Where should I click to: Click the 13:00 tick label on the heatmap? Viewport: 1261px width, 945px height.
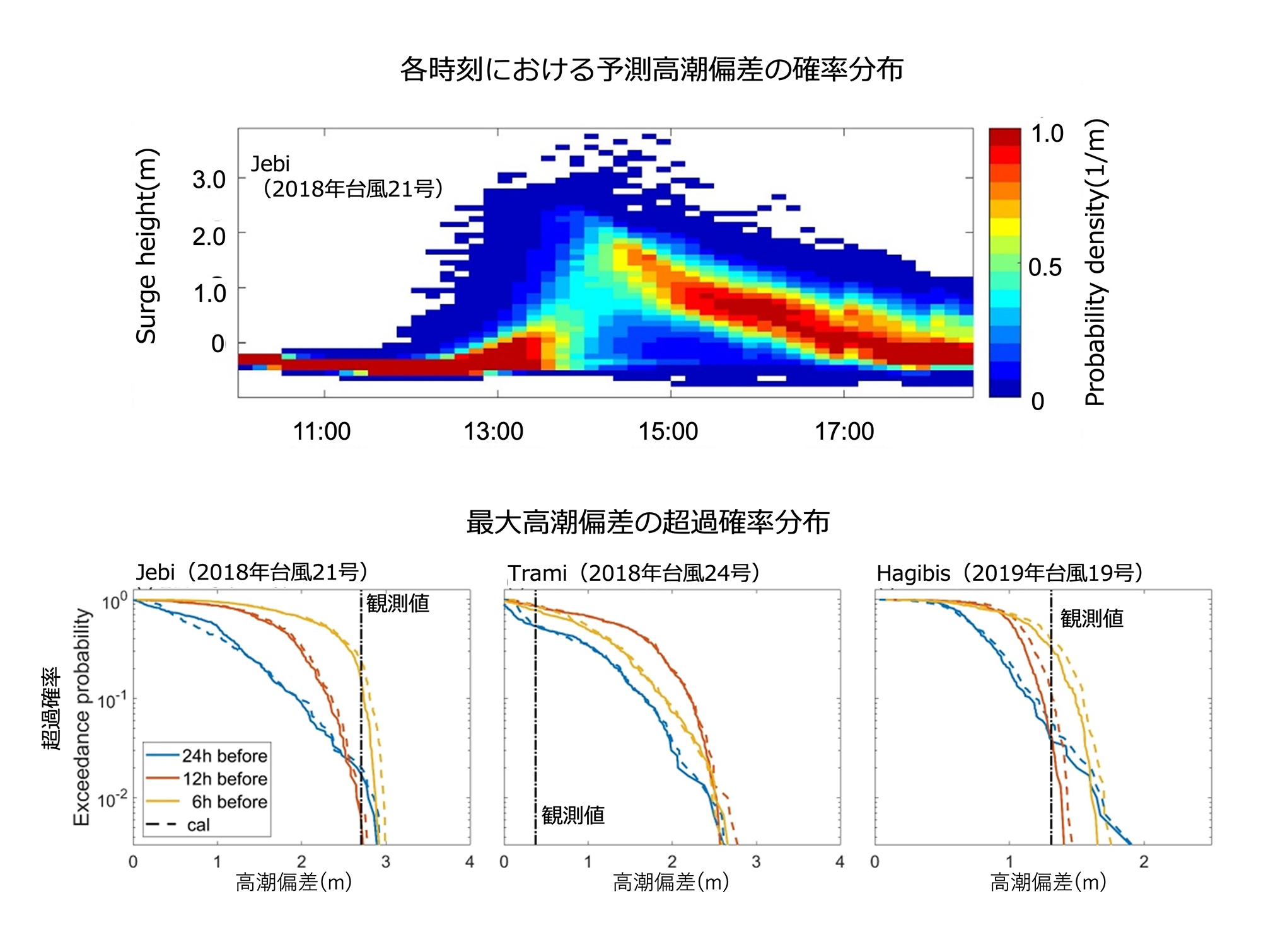pos(494,432)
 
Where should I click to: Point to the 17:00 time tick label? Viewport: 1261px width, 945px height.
pos(844,432)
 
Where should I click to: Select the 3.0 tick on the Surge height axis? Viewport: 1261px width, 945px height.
pos(209,180)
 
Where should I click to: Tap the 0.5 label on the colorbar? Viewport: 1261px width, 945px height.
pos(1045,268)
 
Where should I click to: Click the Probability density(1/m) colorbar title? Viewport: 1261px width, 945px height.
pos(1096,262)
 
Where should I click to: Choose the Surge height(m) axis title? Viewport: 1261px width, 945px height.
pos(146,246)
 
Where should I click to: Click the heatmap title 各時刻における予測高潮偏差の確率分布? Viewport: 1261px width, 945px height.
pos(652,69)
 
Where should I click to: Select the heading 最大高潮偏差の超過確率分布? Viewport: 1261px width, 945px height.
pos(648,522)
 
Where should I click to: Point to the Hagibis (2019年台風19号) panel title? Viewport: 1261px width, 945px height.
pos(1009,573)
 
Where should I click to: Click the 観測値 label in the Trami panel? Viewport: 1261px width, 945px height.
pos(573,815)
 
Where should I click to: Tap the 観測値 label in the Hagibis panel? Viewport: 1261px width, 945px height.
pos(1092,619)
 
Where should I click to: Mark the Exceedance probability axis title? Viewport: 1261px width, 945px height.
pos(81,717)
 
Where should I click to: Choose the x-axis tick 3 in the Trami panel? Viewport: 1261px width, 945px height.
pos(756,862)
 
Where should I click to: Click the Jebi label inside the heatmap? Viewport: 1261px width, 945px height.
pos(270,164)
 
